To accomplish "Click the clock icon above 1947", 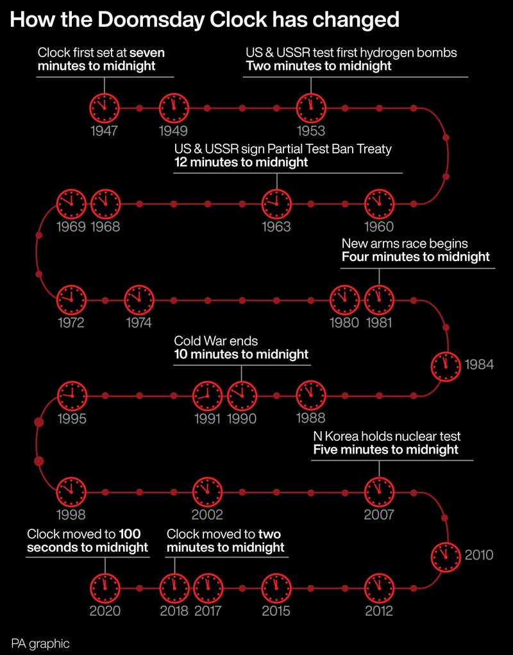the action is point(104,107).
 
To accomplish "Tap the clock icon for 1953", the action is point(311,107).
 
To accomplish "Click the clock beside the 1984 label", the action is point(446,365).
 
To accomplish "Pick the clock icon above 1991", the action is point(208,395).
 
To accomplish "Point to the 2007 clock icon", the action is point(379,492).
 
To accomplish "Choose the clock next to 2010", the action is point(446,555).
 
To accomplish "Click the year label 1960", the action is point(379,226).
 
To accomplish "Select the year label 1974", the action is point(139,323).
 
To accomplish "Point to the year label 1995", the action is point(71,419).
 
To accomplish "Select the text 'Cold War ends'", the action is point(215,341).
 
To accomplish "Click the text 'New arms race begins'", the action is point(405,244).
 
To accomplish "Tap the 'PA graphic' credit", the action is point(40,643).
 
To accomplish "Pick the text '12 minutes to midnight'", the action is point(241,162).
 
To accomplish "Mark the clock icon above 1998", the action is point(71,492).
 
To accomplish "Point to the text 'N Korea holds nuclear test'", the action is point(387,437).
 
